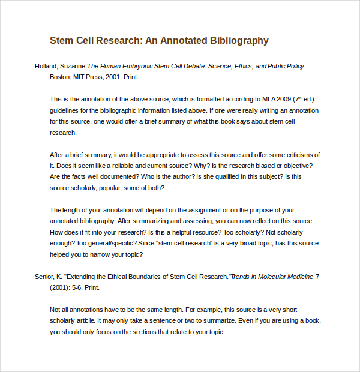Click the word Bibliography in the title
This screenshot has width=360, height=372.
point(239,41)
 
